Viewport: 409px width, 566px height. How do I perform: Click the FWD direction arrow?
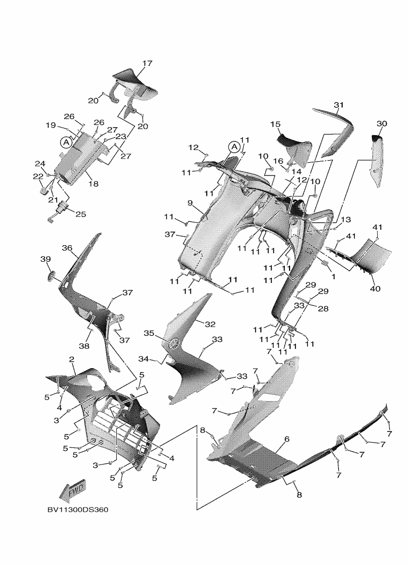[73, 491]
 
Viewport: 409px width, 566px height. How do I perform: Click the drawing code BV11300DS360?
[78, 510]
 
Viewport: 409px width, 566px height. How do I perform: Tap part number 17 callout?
[147, 63]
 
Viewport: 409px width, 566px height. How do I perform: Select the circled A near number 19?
[66, 142]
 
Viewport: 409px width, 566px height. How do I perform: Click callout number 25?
[81, 214]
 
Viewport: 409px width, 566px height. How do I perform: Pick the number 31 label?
[338, 105]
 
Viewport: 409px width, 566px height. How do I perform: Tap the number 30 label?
[381, 124]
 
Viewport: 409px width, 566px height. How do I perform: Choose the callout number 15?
[275, 124]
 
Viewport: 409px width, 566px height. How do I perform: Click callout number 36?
[67, 248]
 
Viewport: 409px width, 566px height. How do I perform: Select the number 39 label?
[45, 259]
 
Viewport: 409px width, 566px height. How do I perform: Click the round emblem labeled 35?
[175, 343]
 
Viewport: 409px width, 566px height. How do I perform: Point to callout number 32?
[210, 324]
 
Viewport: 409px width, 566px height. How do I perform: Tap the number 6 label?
[287, 439]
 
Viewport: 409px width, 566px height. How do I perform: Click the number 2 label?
[72, 360]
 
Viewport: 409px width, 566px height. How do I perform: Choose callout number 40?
[375, 289]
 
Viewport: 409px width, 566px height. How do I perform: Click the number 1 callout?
[334, 277]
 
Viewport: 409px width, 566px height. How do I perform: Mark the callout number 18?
[93, 184]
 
